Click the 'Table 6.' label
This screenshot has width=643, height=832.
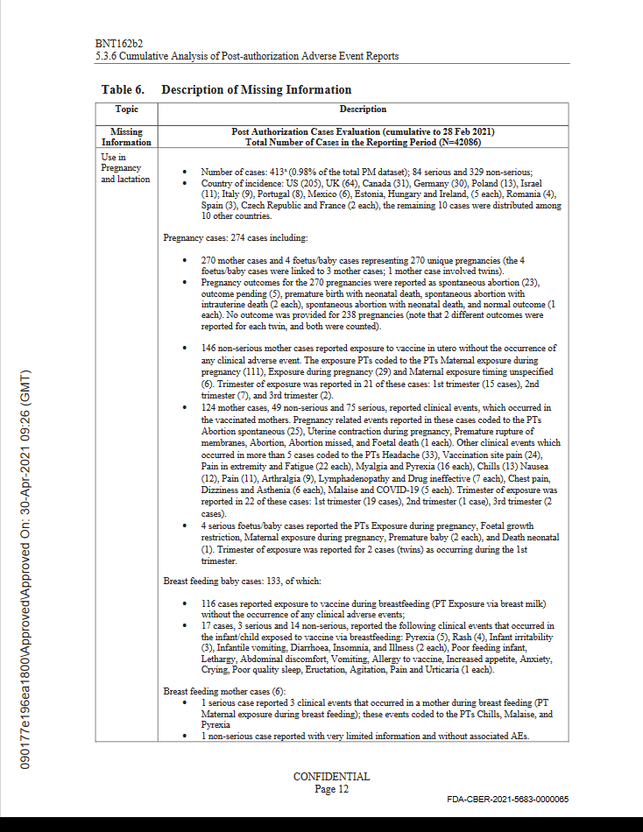point(123,89)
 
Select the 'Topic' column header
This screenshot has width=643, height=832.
point(126,109)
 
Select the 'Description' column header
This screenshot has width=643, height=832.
point(363,109)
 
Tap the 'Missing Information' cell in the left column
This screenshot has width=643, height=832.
point(126,137)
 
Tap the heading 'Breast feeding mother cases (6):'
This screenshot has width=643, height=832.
point(226,691)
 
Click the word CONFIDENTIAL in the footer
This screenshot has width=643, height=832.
point(331,777)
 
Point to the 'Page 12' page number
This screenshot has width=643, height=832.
point(331,789)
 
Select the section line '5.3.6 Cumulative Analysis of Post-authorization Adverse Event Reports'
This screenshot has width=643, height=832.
point(246,56)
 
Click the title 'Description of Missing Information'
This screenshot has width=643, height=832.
point(257,89)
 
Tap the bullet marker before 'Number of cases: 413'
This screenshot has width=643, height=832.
point(184,173)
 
